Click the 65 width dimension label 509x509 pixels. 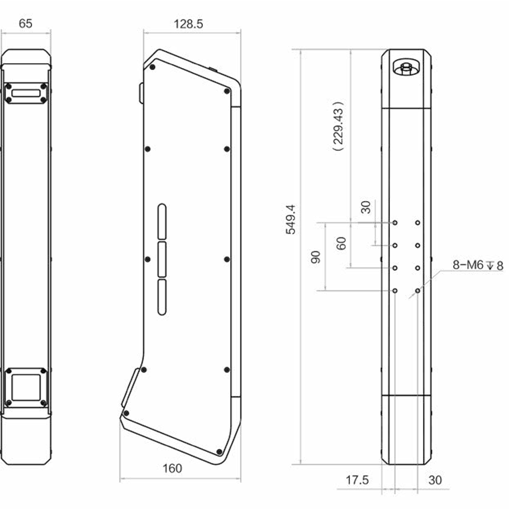click(26, 23)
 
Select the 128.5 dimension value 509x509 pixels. click(188, 24)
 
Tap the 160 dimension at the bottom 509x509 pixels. click(172, 468)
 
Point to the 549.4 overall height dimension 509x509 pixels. click(291, 220)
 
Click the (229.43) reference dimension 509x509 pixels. click(338, 126)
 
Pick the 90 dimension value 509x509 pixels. click(316, 257)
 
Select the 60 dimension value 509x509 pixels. click(341, 243)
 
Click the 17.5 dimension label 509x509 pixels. click(357, 480)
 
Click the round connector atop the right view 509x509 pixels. click(406, 68)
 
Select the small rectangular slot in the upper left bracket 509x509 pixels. click(26, 93)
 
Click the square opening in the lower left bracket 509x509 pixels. click(26, 388)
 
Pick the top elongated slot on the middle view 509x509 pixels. click(161, 222)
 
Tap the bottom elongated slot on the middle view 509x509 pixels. click(161, 297)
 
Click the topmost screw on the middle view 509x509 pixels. click(152, 67)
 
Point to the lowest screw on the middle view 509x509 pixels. click(219, 452)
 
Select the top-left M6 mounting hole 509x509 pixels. click(394, 223)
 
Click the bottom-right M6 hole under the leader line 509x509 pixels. click(417, 291)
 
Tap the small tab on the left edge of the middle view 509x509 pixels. click(141, 93)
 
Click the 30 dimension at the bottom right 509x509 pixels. click(435, 480)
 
